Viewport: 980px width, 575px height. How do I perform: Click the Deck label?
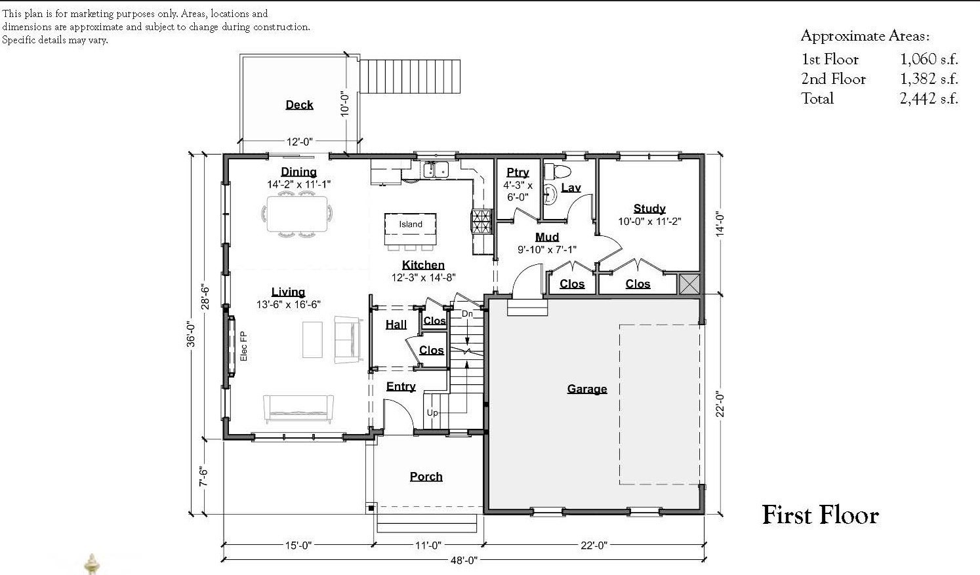point(299,105)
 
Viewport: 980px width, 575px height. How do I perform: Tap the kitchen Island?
point(411,224)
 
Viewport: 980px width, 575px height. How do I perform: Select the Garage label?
point(586,389)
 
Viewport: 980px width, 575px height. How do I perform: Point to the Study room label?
point(649,208)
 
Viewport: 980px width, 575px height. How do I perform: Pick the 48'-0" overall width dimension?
point(464,560)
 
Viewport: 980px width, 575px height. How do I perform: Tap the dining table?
point(298,214)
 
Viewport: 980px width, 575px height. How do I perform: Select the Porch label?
point(426,477)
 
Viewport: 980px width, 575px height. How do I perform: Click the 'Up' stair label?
point(432,412)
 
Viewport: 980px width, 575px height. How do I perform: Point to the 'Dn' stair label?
point(467,314)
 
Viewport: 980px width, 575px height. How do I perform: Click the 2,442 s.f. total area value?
point(929,99)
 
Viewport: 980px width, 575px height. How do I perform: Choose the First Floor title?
point(820,515)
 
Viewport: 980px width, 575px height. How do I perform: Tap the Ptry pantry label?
point(518,172)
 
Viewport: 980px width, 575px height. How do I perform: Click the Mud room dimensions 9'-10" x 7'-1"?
point(547,249)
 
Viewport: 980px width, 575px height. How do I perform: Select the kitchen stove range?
point(481,221)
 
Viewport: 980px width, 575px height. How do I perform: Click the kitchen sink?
point(436,170)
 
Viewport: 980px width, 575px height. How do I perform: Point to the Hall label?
point(396,324)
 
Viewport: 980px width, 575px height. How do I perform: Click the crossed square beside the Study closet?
point(689,283)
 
